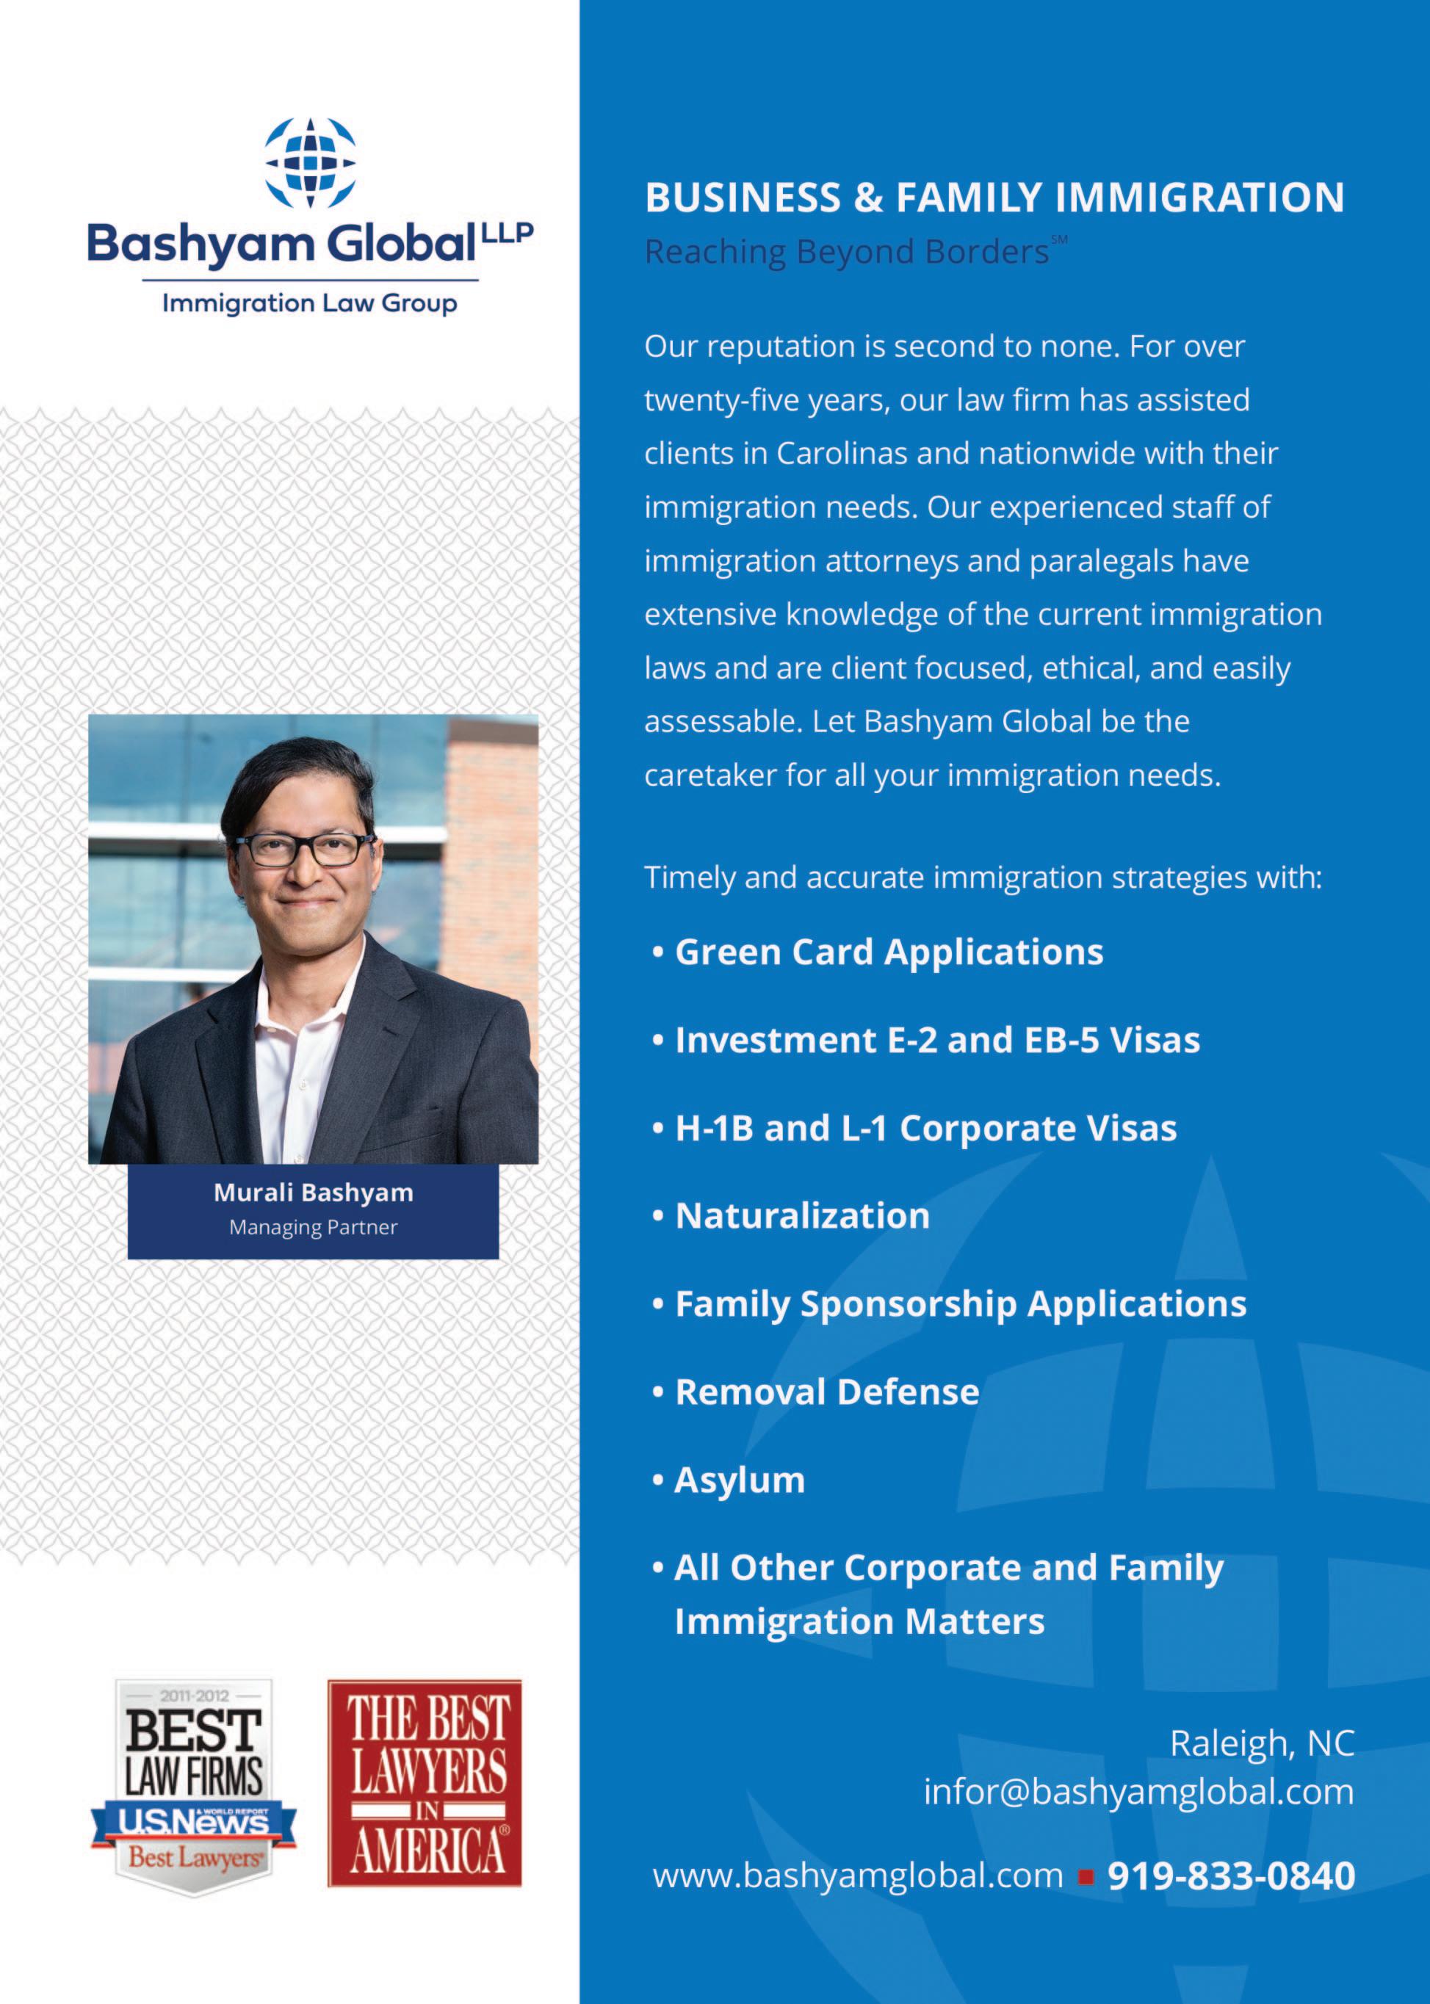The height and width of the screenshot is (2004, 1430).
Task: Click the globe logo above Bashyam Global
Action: click(x=310, y=164)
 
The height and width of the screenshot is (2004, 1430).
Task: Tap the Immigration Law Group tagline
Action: click(x=310, y=304)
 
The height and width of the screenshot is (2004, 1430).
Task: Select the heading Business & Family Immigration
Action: click(x=994, y=198)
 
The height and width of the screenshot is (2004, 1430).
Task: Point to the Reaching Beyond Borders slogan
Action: click(x=846, y=253)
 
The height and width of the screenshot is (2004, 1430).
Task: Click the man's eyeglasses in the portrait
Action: click(x=305, y=850)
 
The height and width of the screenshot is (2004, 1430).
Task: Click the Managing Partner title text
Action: click(x=314, y=1227)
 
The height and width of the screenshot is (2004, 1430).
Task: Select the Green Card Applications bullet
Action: click(x=889, y=952)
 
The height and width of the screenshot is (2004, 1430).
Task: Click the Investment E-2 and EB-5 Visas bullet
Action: click(x=937, y=1041)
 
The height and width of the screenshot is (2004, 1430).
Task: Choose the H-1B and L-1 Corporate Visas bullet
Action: click(x=925, y=1129)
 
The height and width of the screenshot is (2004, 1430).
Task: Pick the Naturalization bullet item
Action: click(x=802, y=1217)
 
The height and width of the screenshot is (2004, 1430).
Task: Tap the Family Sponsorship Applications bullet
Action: click(x=960, y=1305)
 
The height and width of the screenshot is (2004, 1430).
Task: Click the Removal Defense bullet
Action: click(x=827, y=1393)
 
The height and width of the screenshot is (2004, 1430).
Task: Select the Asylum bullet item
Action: click(x=740, y=1481)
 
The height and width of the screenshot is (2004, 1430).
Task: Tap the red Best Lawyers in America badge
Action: click(x=425, y=1784)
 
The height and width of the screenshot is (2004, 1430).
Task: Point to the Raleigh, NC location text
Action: click(x=1261, y=1744)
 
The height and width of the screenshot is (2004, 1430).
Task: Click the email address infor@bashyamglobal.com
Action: click(x=1138, y=1793)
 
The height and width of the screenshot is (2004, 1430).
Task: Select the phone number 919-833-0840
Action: click(x=1230, y=1876)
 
